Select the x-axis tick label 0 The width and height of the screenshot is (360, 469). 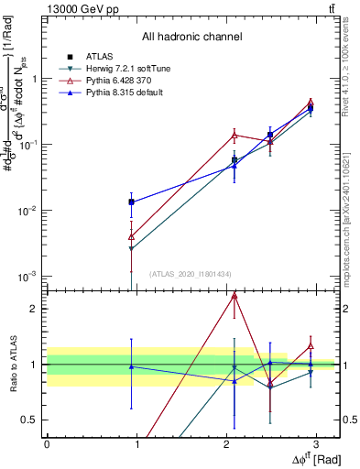point(47,443)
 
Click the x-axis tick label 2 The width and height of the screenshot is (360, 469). point(227,443)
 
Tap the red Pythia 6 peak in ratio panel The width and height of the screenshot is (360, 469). point(235,296)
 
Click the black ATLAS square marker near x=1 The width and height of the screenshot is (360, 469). point(132,202)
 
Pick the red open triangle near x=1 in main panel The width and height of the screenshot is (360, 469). point(132,236)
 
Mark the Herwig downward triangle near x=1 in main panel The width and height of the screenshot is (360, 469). point(132,249)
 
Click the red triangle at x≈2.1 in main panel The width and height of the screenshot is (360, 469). point(235,135)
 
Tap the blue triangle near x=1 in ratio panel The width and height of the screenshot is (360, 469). point(132,366)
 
